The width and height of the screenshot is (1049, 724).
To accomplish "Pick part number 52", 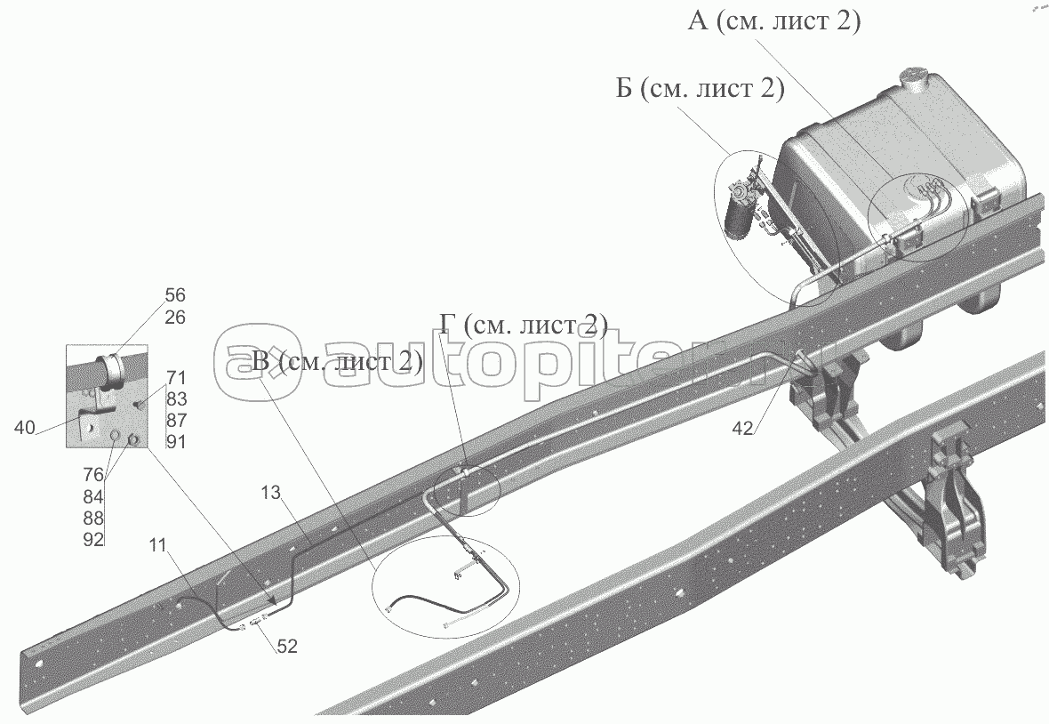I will coord(285,648).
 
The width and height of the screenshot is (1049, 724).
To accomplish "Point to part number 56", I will coord(175,295).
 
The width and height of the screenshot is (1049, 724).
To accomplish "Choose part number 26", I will coord(175,317).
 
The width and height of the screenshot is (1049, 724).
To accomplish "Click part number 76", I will coord(93,474).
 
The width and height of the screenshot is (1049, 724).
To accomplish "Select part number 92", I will coord(93,539).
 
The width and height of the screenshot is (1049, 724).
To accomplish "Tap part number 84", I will coord(93,496).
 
